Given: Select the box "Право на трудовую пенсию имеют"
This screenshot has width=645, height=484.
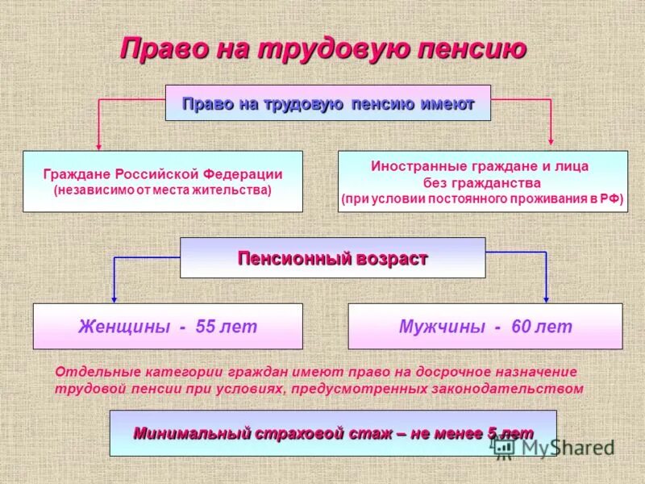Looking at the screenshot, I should click(327, 103).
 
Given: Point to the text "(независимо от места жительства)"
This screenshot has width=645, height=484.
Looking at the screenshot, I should click(163, 191).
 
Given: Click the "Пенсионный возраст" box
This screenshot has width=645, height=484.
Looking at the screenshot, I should click(332, 258).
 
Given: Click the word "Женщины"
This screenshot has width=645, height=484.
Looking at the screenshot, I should click(123, 327).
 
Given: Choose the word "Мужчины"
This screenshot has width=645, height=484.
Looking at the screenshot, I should click(442, 327).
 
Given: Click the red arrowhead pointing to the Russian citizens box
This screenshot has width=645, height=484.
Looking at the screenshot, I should click(99, 146).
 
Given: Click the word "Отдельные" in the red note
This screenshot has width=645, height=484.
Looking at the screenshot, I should click(98, 372).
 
